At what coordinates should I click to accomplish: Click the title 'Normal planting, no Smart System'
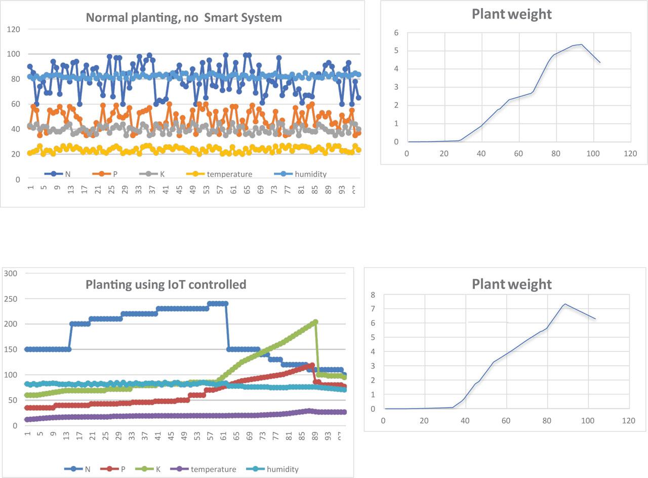(184, 18)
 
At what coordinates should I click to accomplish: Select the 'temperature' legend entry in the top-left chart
(229, 174)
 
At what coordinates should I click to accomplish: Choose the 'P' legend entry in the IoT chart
(122, 469)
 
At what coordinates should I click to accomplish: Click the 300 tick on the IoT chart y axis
(11, 273)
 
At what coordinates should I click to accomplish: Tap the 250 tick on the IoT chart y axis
(11, 299)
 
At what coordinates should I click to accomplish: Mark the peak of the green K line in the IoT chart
(315, 322)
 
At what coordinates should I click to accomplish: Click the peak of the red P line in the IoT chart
(312, 365)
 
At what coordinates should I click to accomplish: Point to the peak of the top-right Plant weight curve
(582, 45)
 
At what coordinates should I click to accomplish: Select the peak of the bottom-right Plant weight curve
(565, 304)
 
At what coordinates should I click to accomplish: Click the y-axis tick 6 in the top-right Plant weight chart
(396, 32)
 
